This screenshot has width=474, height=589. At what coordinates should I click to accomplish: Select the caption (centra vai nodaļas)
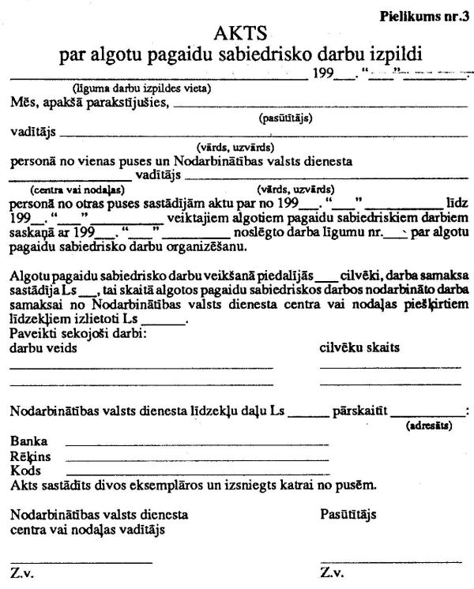[78, 189]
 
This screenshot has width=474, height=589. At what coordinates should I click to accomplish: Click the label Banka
[29, 441]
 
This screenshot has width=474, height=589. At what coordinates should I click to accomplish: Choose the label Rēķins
[31, 456]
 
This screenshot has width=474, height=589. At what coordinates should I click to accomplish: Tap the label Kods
[25, 470]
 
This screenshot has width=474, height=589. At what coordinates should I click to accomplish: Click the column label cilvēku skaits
[359, 347]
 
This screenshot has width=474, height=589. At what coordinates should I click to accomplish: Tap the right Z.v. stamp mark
[332, 572]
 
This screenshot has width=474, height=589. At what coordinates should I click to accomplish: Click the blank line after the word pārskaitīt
[429, 414]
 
